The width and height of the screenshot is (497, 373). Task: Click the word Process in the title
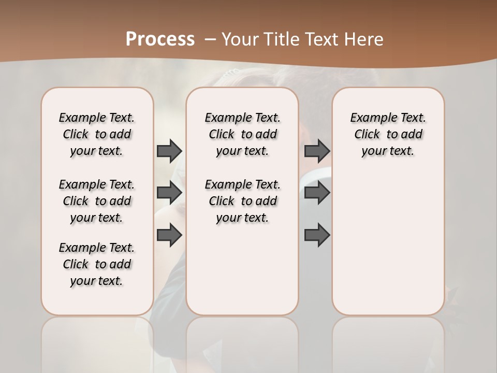click(160, 39)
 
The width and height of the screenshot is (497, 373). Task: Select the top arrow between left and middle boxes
click(169, 151)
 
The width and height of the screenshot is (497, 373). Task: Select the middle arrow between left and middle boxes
click(169, 193)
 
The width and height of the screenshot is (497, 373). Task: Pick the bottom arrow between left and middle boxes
click(169, 235)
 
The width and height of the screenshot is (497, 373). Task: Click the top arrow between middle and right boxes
click(317, 151)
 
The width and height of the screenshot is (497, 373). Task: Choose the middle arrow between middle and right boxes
click(317, 193)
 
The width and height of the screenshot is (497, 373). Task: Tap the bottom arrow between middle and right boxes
click(317, 235)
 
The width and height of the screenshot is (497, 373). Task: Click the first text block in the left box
click(97, 134)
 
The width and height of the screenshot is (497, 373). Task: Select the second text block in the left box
click(97, 201)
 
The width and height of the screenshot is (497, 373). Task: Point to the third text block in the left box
click(97, 264)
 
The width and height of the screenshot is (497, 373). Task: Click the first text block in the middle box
click(242, 134)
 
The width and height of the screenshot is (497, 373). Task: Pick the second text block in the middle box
click(242, 201)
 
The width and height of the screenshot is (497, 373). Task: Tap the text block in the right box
click(388, 134)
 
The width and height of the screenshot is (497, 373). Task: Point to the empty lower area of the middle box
click(242, 269)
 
